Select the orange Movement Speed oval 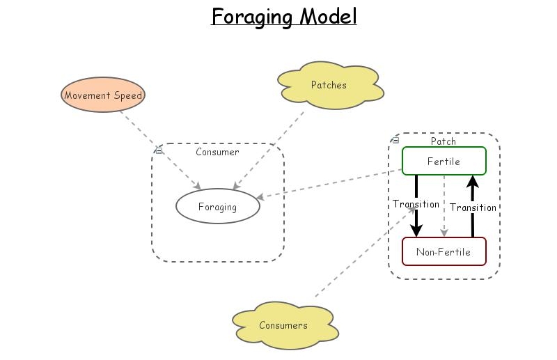(103, 96)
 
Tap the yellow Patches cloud (329, 86)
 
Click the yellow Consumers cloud (283, 325)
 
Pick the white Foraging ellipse (217, 207)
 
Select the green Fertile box (444, 161)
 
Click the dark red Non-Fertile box (444, 251)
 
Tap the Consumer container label (217, 152)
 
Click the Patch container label (444, 141)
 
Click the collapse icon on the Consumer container (159, 150)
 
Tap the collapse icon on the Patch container (395, 140)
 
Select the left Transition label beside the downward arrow (416, 204)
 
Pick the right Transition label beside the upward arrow (473, 207)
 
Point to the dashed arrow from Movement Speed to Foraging (160, 150)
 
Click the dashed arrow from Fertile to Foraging (327, 184)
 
